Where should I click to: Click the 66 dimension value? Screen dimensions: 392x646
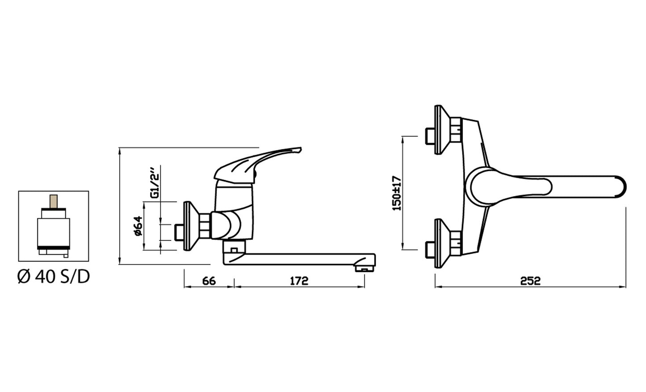(209, 281)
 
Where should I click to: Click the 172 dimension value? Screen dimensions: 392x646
(299, 281)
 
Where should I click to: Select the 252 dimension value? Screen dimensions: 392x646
(530, 281)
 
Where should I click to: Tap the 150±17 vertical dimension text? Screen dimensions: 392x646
(397, 193)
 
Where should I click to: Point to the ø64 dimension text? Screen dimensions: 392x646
(138, 226)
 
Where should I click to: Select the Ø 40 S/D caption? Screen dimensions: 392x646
(54, 277)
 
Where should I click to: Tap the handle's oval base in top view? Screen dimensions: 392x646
(483, 187)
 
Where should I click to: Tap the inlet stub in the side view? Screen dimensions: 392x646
(180, 231)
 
